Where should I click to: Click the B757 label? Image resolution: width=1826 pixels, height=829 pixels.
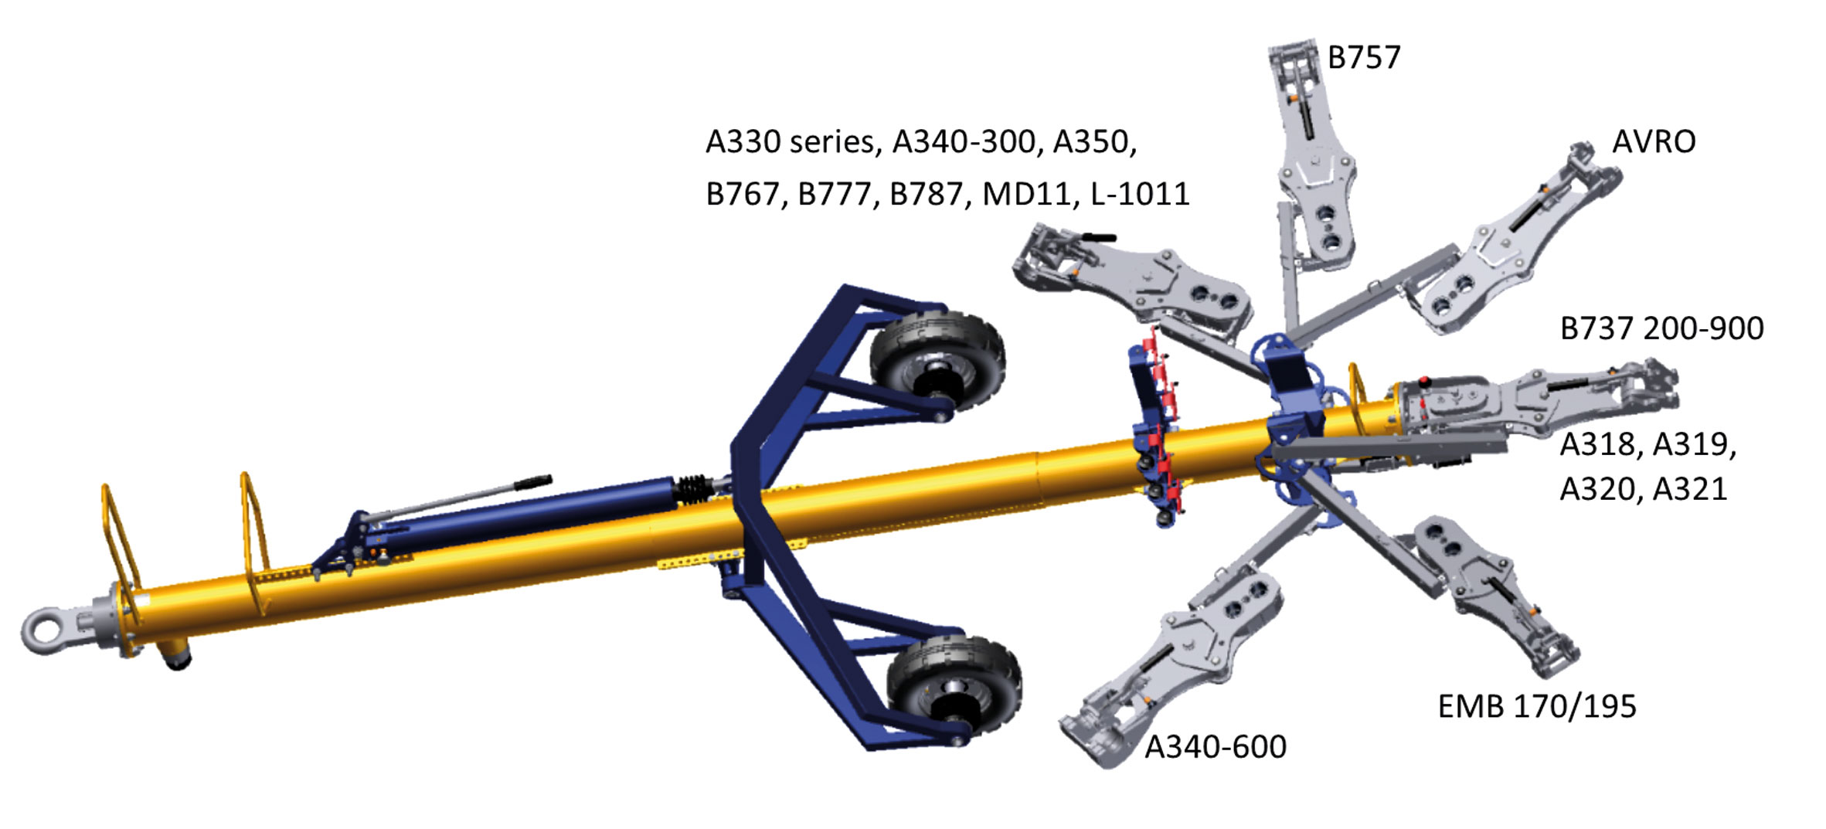(x=1363, y=58)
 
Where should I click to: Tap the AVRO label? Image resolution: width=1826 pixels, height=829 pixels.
(x=1654, y=142)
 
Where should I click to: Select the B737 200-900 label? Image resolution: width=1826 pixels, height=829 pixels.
(x=1661, y=329)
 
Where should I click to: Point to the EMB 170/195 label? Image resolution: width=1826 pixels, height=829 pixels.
(x=1537, y=707)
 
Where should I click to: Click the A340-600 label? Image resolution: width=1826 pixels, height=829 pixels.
(x=1216, y=747)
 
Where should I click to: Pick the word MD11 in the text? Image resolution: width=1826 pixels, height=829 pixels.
(x=1029, y=195)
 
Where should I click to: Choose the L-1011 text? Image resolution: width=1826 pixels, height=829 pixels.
(x=1140, y=194)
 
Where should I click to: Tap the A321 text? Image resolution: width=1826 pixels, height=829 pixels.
(x=1689, y=490)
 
